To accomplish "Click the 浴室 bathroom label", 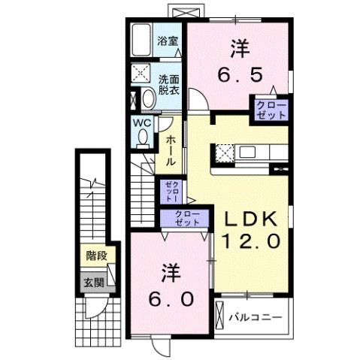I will (168, 41).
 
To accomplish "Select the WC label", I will (143, 122).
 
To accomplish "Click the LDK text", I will (251, 218).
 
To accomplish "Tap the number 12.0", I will (251, 241).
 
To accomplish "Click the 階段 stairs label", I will (95, 256).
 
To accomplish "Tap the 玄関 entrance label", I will (94, 283).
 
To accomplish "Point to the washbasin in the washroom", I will (147, 98).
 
